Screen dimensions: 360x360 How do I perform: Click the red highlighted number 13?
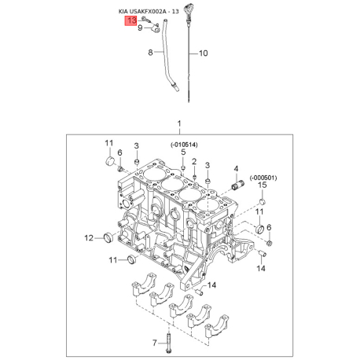pyautogui.click(x=131, y=20)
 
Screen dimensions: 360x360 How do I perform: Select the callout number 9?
pyautogui.click(x=140, y=28)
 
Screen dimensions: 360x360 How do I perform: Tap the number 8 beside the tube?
pyautogui.click(x=150, y=53)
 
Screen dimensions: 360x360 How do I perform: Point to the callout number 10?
pyautogui.click(x=204, y=53)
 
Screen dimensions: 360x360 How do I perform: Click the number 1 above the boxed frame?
pyautogui.click(x=179, y=123)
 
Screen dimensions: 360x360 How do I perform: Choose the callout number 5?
pyautogui.click(x=183, y=152)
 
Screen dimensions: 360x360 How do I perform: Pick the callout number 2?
pyautogui.click(x=194, y=161)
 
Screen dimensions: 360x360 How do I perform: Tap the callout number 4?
pyautogui.click(x=236, y=169)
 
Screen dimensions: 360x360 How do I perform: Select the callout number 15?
pyautogui.click(x=263, y=185)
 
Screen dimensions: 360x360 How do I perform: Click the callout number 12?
pyautogui.click(x=89, y=238)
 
